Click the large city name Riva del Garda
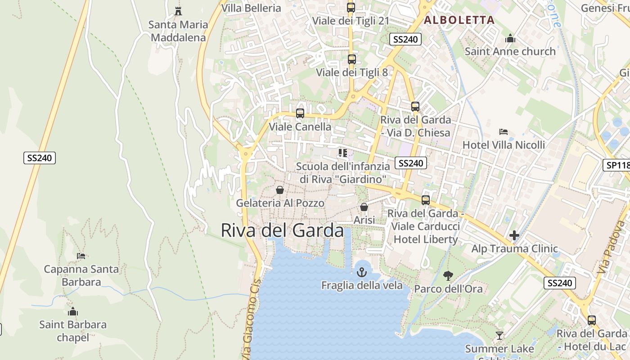click(282, 230)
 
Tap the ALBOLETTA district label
click(459, 20)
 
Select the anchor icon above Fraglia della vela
click(362, 272)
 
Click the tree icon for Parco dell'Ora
click(448, 275)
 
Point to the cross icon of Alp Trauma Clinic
click(514, 235)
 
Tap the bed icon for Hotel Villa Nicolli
click(504, 132)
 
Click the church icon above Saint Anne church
click(510, 38)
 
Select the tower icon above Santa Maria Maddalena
click(178, 11)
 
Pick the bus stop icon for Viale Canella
click(300, 113)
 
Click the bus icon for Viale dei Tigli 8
click(352, 59)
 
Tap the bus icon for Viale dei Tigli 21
click(351, 7)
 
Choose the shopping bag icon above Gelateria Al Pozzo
click(280, 190)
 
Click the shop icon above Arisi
click(364, 207)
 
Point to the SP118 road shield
click(616, 165)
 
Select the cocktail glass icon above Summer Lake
click(499, 335)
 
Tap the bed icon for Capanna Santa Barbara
click(81, 256)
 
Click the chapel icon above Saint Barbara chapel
click(73, 311)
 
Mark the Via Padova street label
click(608, 253)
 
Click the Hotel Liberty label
click(426, 239)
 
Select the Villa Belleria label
click(251, 8)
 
